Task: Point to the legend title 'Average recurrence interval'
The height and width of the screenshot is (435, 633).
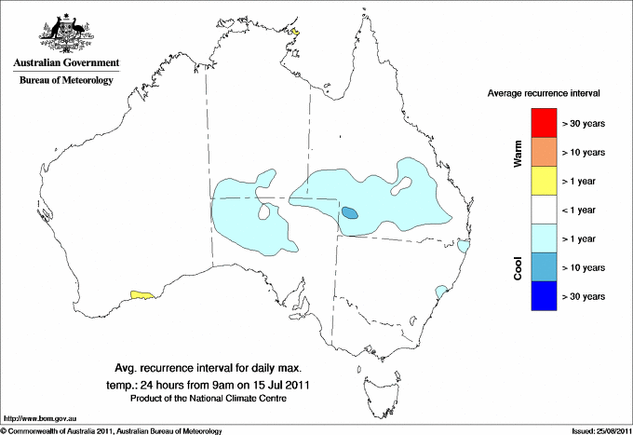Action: pos(544,94)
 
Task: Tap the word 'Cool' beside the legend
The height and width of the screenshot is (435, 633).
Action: pos(518,267)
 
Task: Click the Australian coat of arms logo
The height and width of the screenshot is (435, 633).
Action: pos(65,30)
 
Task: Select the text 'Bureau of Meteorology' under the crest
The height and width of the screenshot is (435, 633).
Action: pos(65,80)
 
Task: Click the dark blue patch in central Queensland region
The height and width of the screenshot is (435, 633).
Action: pos(350,213)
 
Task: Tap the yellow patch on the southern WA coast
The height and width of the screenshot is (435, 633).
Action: pos(142,294)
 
